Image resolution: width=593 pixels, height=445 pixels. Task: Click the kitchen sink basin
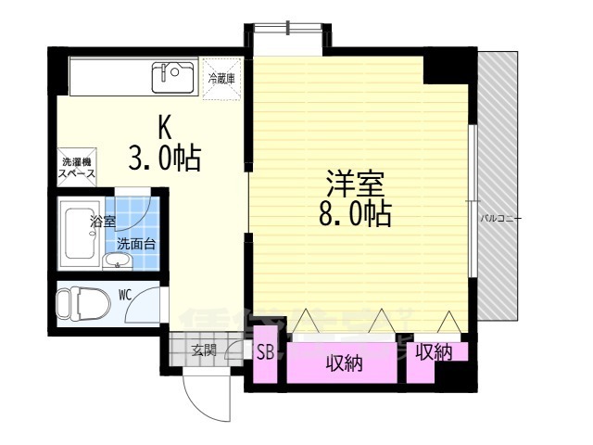pos(172,76)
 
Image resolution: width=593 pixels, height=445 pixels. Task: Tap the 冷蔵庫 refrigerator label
pos(221,79)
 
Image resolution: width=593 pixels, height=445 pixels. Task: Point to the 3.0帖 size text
pos(165,159)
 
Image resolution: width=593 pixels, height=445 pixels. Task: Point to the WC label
pos(125,296)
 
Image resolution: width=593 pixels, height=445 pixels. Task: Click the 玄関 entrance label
pos(204,350)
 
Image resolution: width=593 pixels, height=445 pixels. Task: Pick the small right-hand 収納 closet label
pos(433,352)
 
